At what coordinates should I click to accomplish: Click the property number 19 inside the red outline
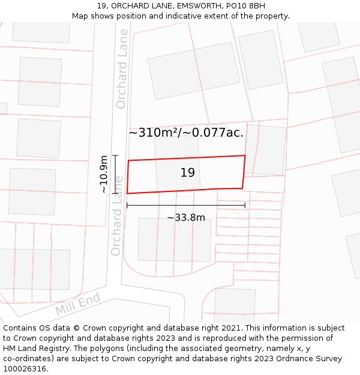pos(187,173)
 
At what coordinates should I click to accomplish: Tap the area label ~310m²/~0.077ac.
pos(186,133)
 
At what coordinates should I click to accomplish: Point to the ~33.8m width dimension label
pos(186,218)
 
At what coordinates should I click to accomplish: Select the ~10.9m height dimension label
pos(104,174)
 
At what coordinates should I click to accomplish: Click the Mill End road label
pos(78,305)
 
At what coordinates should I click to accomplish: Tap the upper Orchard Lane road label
pos(122,69)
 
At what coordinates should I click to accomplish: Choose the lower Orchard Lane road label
pos(116,216)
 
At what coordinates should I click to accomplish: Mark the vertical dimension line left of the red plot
pos(115,174)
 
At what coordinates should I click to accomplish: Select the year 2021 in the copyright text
pos(231,328)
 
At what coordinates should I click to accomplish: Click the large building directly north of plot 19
pos(193,70)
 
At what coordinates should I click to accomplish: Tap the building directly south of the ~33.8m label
pos(175,239)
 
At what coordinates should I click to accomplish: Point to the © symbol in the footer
pos(77,328)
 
